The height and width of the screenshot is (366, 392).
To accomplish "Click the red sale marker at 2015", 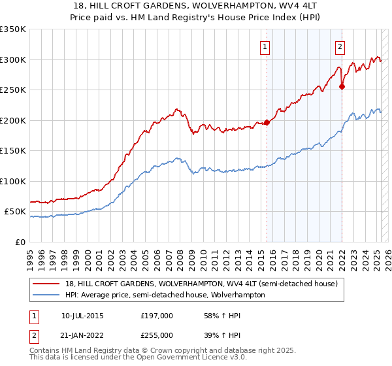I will pos(267,122).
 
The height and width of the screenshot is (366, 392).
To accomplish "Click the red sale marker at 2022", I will pos(342,86).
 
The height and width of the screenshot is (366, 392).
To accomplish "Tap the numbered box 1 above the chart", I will pos(265,46).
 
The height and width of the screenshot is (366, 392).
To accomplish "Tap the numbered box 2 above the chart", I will pos(340,46).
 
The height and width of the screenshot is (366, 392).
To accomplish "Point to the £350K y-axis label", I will pos(13,29).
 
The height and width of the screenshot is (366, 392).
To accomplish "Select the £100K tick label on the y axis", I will pos(13,181).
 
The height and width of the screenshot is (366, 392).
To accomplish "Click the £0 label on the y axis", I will pos(20,242).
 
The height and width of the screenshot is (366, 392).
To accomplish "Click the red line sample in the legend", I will pos(46,284).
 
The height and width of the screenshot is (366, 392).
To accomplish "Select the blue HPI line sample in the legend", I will pos(46,295).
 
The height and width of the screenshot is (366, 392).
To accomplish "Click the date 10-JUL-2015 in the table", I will pos(82,316).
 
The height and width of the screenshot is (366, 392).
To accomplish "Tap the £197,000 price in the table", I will pos(156,316).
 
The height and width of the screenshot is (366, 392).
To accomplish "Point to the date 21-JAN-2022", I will pos(82,335).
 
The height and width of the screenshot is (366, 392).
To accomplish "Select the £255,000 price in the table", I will pos(156,335).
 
